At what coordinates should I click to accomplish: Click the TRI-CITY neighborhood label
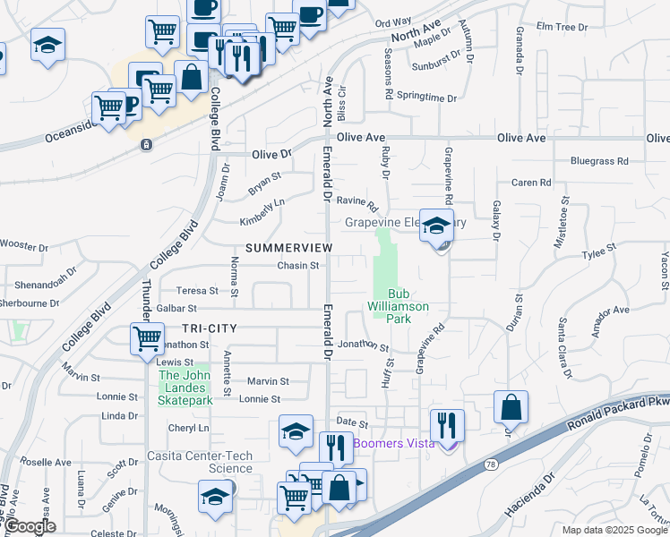click(x=209, y=328)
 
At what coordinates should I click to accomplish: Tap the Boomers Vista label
click(x=394, y=443)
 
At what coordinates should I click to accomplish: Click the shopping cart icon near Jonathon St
click(x=147, y=339)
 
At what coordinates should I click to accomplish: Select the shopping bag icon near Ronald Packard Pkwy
click(x=510, y=407)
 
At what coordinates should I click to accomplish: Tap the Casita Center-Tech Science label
click(x=208, y=462)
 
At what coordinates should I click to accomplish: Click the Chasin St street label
click(x=298, y=266)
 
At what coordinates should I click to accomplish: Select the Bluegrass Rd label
click(x=599, y=162)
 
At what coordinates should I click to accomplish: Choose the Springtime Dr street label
click(x=426, y=97)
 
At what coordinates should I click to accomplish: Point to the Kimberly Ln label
click(x=262, y=212)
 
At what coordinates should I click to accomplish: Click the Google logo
click(x=29, y=527)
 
